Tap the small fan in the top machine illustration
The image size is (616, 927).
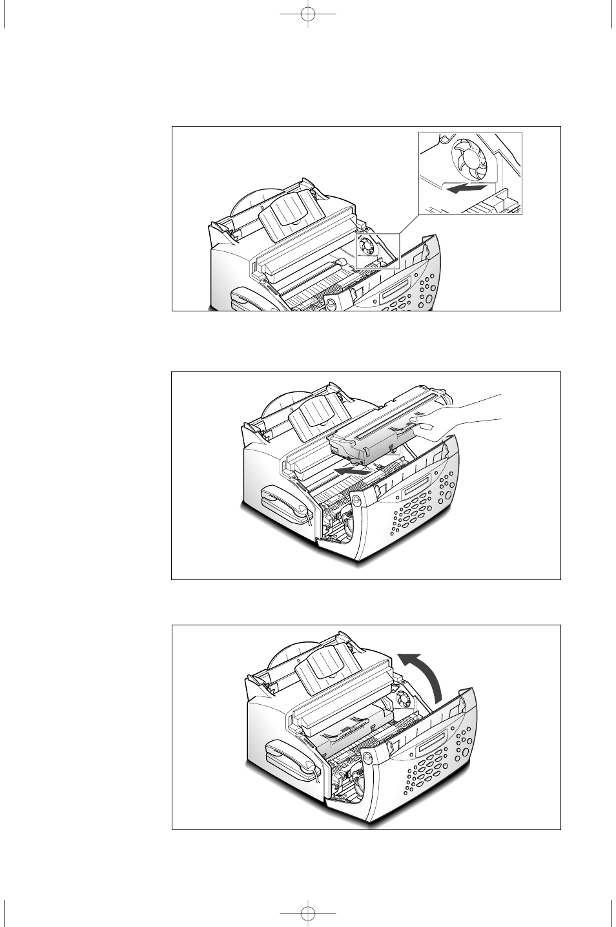[x=368, y=246]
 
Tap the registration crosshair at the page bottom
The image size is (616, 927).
[x=309, y=913]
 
